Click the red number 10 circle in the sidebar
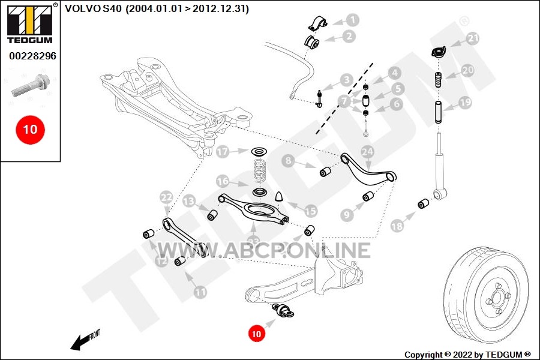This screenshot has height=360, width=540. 29,129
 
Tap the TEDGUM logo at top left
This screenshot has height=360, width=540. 30,25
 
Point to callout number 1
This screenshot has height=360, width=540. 352,20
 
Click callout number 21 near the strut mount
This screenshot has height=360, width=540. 473,38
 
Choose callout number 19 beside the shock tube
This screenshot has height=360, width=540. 466,103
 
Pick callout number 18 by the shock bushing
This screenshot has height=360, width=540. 397,226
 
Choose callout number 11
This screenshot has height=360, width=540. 200,292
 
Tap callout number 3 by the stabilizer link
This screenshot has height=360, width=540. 346,80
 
